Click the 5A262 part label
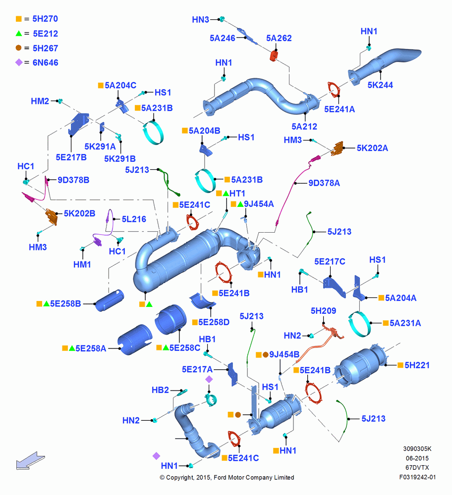point(279,38)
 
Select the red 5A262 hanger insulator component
point(274,55)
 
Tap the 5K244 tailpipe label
point(380,85)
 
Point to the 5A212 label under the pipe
point(304,127)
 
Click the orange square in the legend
point(19,19)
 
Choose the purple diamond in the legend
point(19,62)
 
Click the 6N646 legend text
point(46,62)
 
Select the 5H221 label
point(417,365)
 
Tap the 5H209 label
point(323,311)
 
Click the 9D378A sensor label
point(324,183)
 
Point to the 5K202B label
point(79,213)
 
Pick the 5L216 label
point(134,219)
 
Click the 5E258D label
point(214,322)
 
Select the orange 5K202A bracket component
point(337,148)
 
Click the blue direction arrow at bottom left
point(30,460)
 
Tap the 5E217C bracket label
point(330,262)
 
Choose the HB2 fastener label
point(160,390)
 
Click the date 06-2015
point(417,458)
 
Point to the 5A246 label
point(223,38)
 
